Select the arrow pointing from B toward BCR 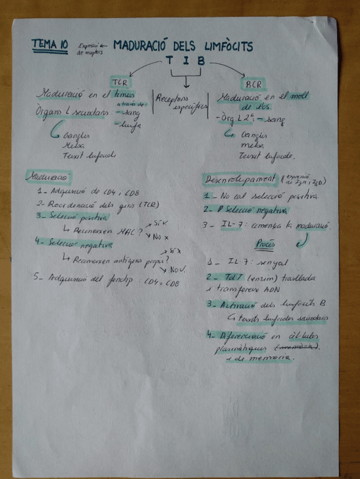click(227, 68)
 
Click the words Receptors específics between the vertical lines click(180, 101)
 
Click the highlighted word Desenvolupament click(238, 180)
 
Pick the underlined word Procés click(264, 245)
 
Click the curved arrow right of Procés click(302, 241)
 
